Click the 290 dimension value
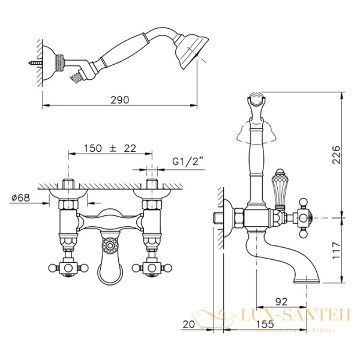click(120, 100)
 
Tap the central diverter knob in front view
click(109, 245)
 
